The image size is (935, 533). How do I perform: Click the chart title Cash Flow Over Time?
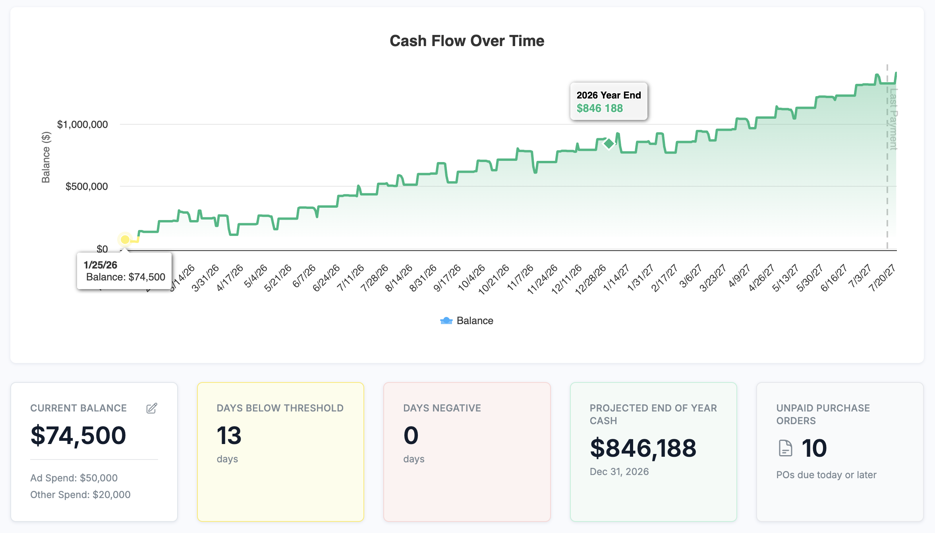point(467,41)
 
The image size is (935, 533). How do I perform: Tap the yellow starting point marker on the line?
point(125,239)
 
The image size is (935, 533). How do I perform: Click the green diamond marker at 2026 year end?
point(609,144)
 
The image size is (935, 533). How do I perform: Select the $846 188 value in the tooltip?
point(599,108)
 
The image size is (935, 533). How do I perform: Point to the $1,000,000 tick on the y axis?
point(82,125)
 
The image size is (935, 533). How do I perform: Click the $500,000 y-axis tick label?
point(86,187)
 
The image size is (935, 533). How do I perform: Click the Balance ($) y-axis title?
point(46,157)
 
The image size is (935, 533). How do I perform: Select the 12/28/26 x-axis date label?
point(590,279)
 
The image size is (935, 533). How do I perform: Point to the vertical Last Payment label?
point(893,119)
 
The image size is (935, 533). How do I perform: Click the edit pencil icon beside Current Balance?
point(152,408)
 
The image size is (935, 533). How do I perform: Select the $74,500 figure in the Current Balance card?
point(78,435)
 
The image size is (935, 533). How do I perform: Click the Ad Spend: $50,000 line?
point(74,478)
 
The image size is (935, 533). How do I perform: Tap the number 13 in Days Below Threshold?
point(229,435)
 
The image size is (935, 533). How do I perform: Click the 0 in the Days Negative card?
point(411,435)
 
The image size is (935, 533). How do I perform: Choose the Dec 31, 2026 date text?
point(619,472)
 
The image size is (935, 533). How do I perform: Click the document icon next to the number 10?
point(785,448)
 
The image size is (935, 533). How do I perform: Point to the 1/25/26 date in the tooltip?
point(100,265)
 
